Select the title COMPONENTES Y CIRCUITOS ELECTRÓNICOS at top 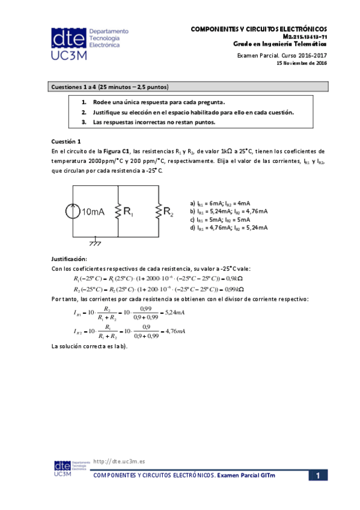pyautogui.click(x=258, y=28)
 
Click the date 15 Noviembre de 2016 pyautogui.click(x=301, y=63)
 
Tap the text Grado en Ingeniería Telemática pyautogui.click(x=279, y=44)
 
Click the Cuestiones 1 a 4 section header pyautogui.click(x=110, y=86)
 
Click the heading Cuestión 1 pyautogui.click(x=66, y=141)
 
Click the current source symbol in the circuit pyautogui.click(x=73, y=212)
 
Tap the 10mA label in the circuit pyautogui.click(x=94, y=212)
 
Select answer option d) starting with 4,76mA pyautogui.click(x=228, y=227)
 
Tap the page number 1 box pyautogui.click(x=318, y=476)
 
